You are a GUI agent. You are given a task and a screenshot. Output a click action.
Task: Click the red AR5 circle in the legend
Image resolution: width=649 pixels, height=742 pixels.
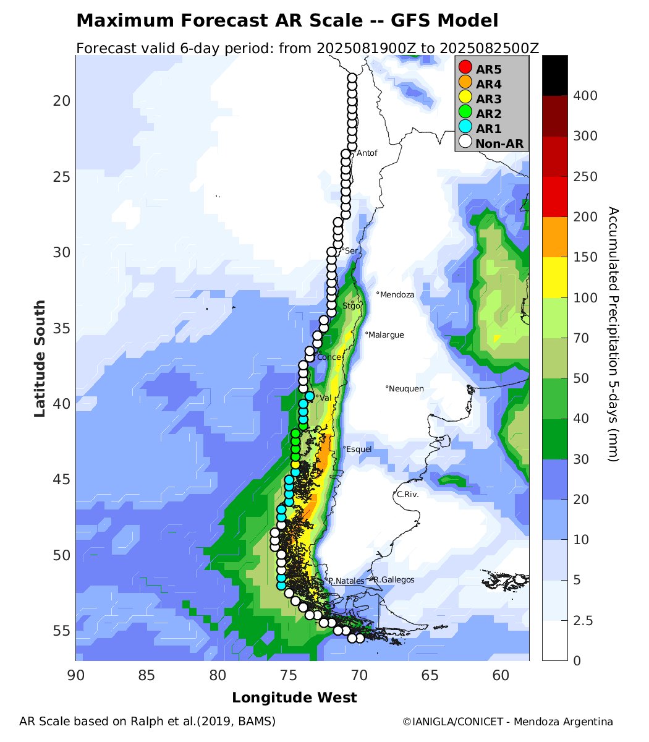coord(465,67)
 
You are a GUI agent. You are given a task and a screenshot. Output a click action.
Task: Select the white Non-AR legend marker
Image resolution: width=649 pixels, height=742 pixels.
coord(465,143)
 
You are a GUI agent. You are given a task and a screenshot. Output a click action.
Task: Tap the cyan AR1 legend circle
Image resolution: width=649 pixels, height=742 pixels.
coord(465,128)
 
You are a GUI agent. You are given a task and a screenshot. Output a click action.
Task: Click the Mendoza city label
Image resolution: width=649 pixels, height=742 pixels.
coord(397,295)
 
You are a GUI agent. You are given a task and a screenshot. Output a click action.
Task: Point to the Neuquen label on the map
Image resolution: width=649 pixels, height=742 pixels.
coord(406,388)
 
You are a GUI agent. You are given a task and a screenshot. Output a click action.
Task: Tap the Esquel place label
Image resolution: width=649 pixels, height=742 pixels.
coord(359,449)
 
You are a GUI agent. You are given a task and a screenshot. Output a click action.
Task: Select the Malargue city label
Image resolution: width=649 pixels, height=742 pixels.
coord(386,335)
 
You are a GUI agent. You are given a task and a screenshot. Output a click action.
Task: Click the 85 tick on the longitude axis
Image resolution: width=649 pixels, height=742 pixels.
coord(146,675)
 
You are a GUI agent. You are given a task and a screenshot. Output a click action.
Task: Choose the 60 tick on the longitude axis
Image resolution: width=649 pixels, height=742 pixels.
coord(501,675)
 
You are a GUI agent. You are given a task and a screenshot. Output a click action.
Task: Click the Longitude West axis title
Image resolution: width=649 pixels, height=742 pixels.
coord(294,698)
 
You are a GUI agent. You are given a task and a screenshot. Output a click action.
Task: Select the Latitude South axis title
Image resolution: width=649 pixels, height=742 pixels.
coord(40,358)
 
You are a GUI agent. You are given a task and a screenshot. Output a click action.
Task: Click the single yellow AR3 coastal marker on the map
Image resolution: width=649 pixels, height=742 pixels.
coord(295,464)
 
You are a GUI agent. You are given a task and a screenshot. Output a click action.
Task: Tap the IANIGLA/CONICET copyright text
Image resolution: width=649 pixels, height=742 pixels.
coord(507,722)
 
